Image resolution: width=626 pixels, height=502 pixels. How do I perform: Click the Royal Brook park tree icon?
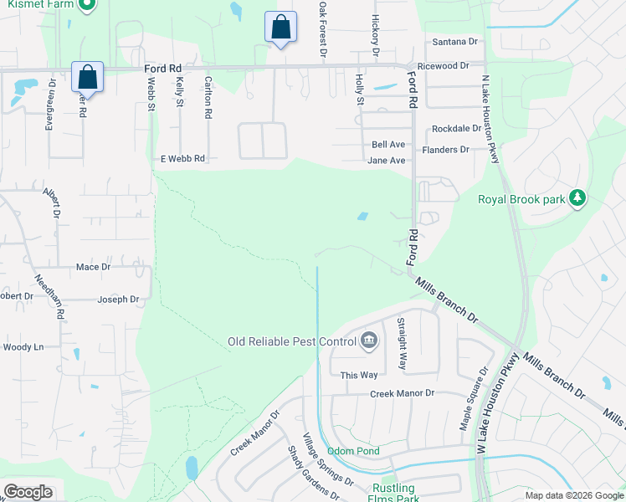coord(576,198)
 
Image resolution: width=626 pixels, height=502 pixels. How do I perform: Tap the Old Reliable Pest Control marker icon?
coord(369,341)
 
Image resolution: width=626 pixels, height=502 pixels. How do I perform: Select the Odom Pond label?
coord(353,451)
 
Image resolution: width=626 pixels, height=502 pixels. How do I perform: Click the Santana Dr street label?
coord(454,41)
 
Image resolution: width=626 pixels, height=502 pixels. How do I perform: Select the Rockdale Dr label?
coord(456,129)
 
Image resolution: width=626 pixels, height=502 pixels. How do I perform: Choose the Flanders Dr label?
coord(445,150)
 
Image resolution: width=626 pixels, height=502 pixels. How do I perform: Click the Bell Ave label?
coord(388,145)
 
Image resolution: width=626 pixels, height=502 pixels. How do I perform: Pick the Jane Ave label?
coord(387,161)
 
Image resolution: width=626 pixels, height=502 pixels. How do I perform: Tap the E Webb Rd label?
coord(182,158)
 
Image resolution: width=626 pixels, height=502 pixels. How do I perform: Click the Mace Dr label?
coord(93,267)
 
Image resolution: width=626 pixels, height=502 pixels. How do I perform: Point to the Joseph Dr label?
coord(118,300)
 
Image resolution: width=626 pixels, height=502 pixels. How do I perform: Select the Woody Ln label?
coord(23,346)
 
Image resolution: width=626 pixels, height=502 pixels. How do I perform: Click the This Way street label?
coord(359,375)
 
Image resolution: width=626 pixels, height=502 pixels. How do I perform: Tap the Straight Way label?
coord(403,344)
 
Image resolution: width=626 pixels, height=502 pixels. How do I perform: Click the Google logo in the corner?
coord(28,492)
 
